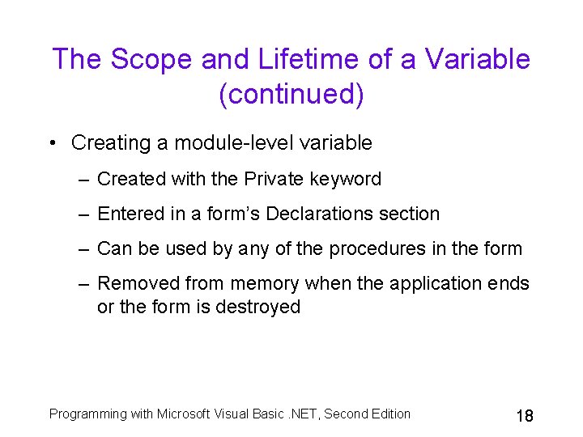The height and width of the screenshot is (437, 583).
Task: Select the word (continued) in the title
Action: tap(291, 95)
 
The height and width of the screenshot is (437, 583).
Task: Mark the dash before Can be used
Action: tap(83, 248)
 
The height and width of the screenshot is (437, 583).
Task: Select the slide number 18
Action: tap(524, 416)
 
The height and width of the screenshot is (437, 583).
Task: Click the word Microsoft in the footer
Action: tap(184, 414)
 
